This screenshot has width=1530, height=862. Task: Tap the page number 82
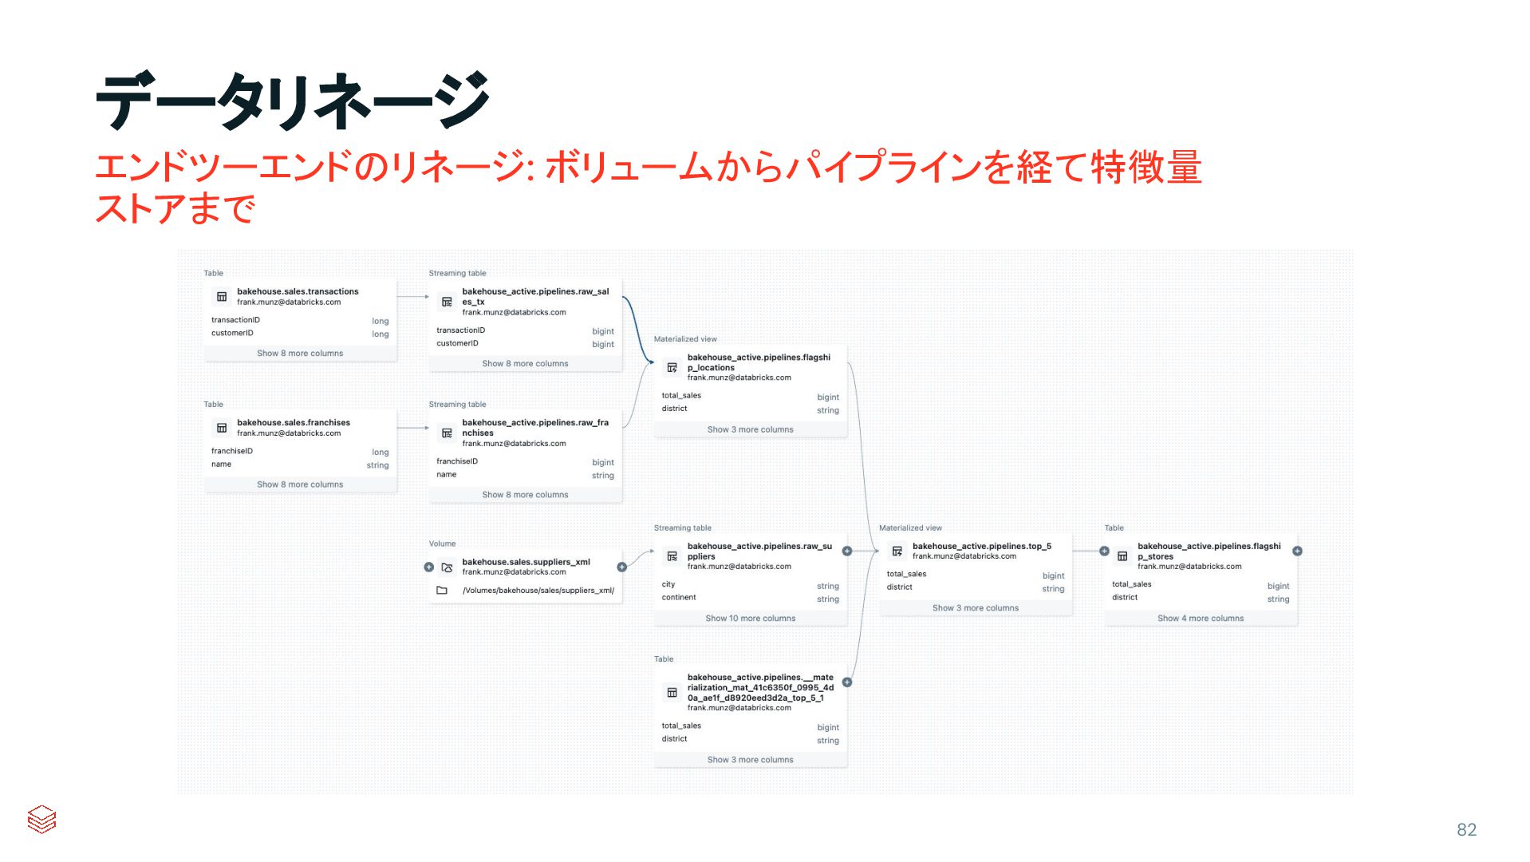coord(1466,830)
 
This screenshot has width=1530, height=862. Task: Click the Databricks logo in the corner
coord(41,819)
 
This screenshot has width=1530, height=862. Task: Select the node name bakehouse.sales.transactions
coord(298,291)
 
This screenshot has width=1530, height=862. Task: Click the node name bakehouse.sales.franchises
coord(294,422)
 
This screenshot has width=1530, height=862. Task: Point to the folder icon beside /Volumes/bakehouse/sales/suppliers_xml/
coord(442,591)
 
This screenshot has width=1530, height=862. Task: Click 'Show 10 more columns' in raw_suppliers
coord(750,619)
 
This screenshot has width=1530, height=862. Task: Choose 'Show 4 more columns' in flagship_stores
coord(1200,619)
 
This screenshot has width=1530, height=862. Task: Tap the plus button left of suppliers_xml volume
coord(429,567)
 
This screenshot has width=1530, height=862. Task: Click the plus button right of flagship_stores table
coord(1297,551)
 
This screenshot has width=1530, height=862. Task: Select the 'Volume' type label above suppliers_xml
coord(442,544)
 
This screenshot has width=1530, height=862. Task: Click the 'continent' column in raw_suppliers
coord(679,598)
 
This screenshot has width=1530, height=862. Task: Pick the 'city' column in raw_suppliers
coord(668,584)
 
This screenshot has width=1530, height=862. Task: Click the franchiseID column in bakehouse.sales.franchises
coord(232,451)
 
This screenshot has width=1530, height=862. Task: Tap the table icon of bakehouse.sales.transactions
coord(222,297)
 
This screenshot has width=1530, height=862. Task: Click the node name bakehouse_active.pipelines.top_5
coord(981,546)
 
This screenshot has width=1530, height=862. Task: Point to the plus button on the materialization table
coord(847,682)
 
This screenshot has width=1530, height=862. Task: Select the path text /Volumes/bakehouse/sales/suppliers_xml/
coord(538,591)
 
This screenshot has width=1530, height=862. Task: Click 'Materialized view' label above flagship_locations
coord(685,339)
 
